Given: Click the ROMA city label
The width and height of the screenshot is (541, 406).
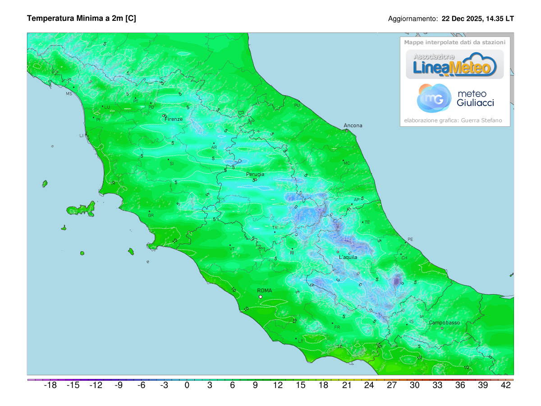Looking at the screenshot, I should (264, 291).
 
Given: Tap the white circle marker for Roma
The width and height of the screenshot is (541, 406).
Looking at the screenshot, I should (261, 297).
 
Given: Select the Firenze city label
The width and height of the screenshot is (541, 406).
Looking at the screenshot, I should (174, 119).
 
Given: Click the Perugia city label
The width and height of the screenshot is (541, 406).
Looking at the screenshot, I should (255, 174).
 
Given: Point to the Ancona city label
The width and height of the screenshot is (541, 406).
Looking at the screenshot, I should (353, 125).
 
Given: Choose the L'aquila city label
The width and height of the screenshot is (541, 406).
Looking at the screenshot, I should (348, 257).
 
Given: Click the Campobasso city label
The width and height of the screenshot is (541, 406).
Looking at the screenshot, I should (444, 323).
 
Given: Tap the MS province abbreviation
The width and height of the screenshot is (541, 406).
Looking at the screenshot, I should (69, 94).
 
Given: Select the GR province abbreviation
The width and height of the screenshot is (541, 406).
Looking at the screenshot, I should (151, 216).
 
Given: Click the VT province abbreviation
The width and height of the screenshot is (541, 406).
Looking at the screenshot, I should (232, 249).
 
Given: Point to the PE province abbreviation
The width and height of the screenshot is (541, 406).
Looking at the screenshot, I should (410, 239).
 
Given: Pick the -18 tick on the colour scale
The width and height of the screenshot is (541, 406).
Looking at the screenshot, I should (50, 385).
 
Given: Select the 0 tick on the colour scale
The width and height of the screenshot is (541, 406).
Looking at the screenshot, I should (187, 385).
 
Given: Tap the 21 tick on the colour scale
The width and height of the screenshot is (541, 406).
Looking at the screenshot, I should (346, 385).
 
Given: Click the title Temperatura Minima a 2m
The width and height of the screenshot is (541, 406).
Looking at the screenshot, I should (82, 18).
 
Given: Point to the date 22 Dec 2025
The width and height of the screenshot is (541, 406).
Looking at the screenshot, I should (461, 19).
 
